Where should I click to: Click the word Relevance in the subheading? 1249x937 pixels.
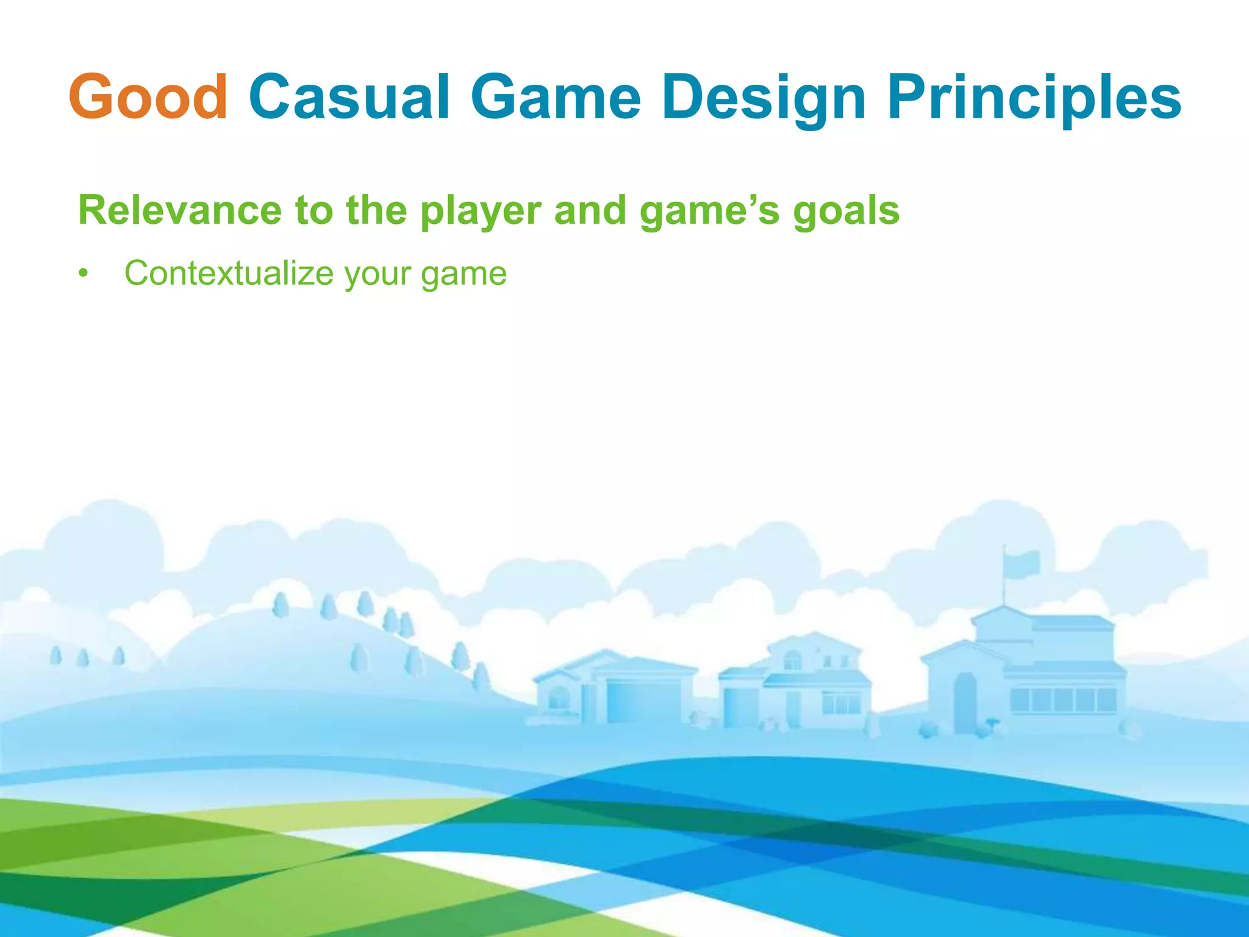[x=179, y=210]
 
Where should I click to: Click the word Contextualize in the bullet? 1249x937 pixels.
[x=229, y=273]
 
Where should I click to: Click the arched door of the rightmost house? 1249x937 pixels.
[x=965, y=702]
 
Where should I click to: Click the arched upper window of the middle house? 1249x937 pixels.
[x=792, y=660]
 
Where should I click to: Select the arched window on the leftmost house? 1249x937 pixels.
[x=559, y=697]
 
